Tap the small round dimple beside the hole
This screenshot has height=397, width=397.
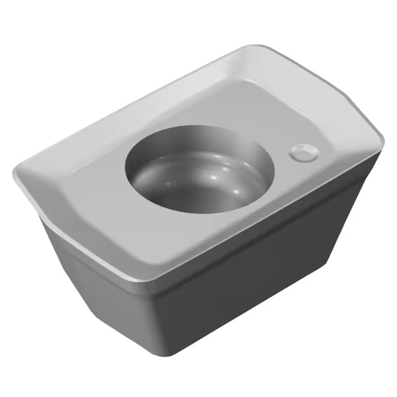click(304, 152)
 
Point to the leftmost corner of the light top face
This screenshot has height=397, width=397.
click(15, 173)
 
